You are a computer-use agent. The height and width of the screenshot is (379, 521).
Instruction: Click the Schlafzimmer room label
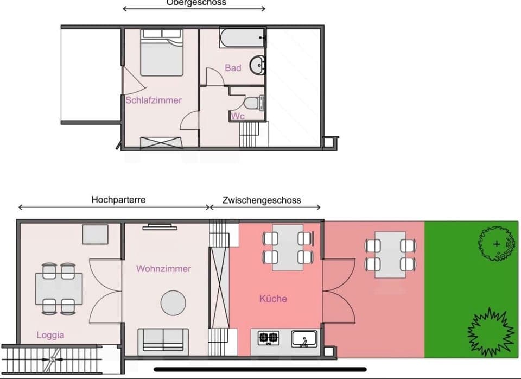(153, 100)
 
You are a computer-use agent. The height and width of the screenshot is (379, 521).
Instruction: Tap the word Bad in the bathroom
(233, 68)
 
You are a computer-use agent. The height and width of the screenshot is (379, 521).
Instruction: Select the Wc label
(238, 116)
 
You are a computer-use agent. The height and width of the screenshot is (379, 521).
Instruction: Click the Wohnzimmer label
(163, 269)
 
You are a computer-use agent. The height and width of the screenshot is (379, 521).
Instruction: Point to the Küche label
(273, 299)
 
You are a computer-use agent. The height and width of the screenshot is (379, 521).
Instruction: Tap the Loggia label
(50, 335)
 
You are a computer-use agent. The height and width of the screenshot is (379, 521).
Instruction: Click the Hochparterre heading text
(118, 199)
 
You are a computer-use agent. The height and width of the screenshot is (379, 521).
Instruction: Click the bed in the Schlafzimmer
(162, 53)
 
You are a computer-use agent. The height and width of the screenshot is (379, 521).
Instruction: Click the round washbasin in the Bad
(258, 66)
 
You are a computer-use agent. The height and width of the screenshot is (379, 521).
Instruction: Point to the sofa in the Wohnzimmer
(163, 340)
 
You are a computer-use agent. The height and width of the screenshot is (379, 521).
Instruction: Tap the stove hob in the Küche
(268, 338)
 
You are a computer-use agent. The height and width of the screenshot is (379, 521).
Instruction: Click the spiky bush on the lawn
(491, 331)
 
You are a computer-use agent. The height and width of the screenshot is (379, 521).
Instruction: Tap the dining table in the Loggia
(59, 289)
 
